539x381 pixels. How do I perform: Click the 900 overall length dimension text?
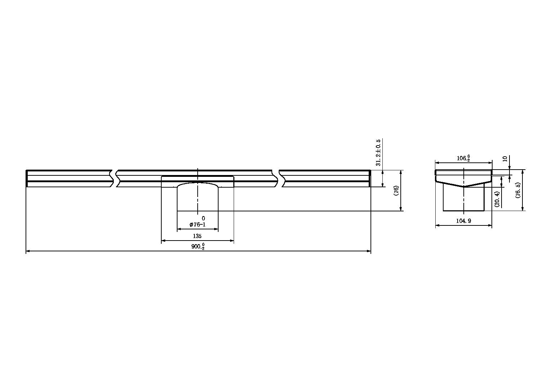(198, 246)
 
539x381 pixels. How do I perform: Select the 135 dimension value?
(197, 236)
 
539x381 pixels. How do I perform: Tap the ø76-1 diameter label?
(198, 225)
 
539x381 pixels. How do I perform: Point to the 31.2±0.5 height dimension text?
(378, 152)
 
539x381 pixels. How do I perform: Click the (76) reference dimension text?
(396, 190)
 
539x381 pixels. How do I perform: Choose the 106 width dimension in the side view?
(463, 158)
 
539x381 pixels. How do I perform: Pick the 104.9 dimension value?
(464, 221)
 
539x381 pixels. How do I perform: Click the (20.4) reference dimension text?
(497, 199)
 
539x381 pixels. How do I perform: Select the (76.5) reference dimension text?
(518, 190)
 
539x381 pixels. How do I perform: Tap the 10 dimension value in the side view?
(505, 159)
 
